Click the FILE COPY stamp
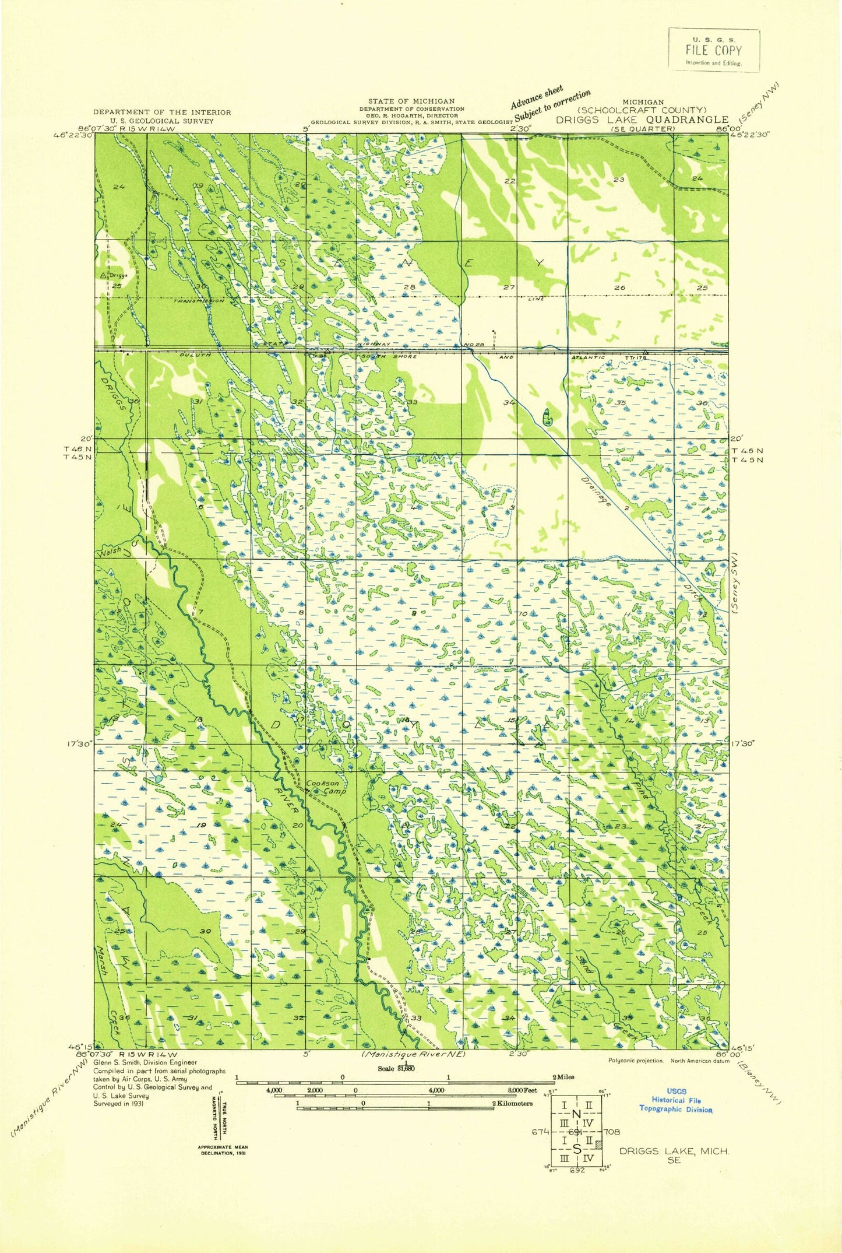(x=713, y=50)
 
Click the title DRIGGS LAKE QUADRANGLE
(x=641, y=120)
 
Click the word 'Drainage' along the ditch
(x=596, y=492)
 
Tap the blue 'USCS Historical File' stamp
(x=676, y=1100)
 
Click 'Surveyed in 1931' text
(x=118, y=1103)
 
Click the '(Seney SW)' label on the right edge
(x=736, y=582)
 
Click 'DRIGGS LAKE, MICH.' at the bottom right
(x=673, y=1151)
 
